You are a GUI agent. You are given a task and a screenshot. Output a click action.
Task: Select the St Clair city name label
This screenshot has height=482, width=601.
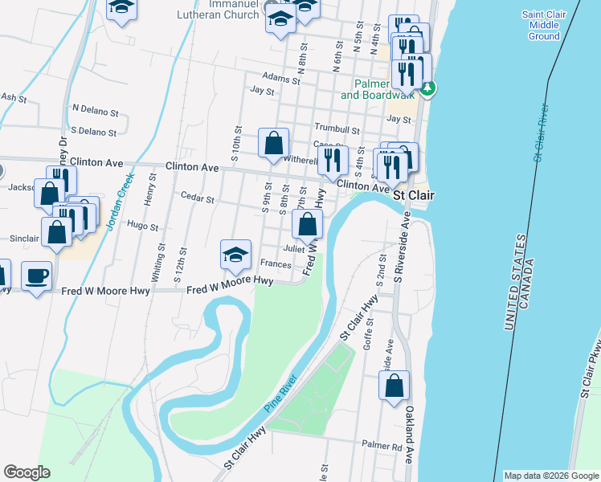(x=413, y=194)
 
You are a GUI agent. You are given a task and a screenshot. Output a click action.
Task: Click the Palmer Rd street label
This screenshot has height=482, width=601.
(x=381, y=444)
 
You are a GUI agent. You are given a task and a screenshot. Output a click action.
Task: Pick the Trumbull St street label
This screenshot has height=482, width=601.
(x=337, y=129)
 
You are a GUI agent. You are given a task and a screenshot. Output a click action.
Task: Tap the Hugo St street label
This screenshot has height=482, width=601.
(x=143, y=227)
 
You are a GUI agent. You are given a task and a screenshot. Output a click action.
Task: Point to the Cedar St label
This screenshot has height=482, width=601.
(x=197, y=198)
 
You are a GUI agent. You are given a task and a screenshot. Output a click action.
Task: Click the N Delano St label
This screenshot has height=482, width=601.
(x=95, y=107)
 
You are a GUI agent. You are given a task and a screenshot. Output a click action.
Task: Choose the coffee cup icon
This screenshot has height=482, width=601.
(x=37, y=276)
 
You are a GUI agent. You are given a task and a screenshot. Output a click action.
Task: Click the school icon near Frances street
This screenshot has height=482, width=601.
(x=234, y=255)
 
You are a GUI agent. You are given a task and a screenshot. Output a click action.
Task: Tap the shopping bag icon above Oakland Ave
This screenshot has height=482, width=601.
(x=396, y=386)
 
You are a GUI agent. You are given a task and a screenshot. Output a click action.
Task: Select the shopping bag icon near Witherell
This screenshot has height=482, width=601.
(x=273, y=144)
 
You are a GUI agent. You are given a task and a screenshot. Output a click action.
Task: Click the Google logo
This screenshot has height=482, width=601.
(x=27, y=472)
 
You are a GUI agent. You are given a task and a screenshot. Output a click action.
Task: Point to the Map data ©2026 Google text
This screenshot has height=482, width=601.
(x=550, y=476)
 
